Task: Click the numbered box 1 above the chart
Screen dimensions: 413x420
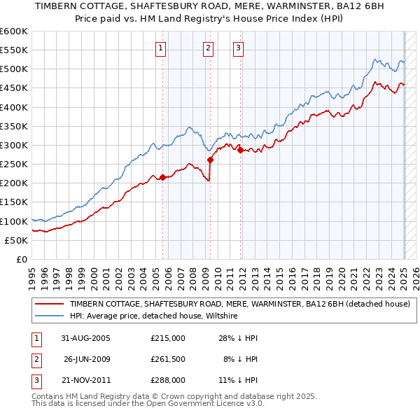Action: [161, 48]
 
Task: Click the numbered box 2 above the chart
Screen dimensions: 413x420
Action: [209, 48]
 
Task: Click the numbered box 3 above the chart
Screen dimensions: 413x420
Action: [238, 48]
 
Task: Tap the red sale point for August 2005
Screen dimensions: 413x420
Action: [162, 177]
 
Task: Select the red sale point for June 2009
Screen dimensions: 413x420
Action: [210, 160]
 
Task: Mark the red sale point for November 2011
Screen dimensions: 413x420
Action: [240, 150]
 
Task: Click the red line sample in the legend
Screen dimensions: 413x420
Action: [50, 304]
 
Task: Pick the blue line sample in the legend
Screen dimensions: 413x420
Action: [50, 316]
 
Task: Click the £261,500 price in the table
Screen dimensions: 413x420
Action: [167, 360]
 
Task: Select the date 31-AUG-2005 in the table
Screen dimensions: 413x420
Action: [85, 338]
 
